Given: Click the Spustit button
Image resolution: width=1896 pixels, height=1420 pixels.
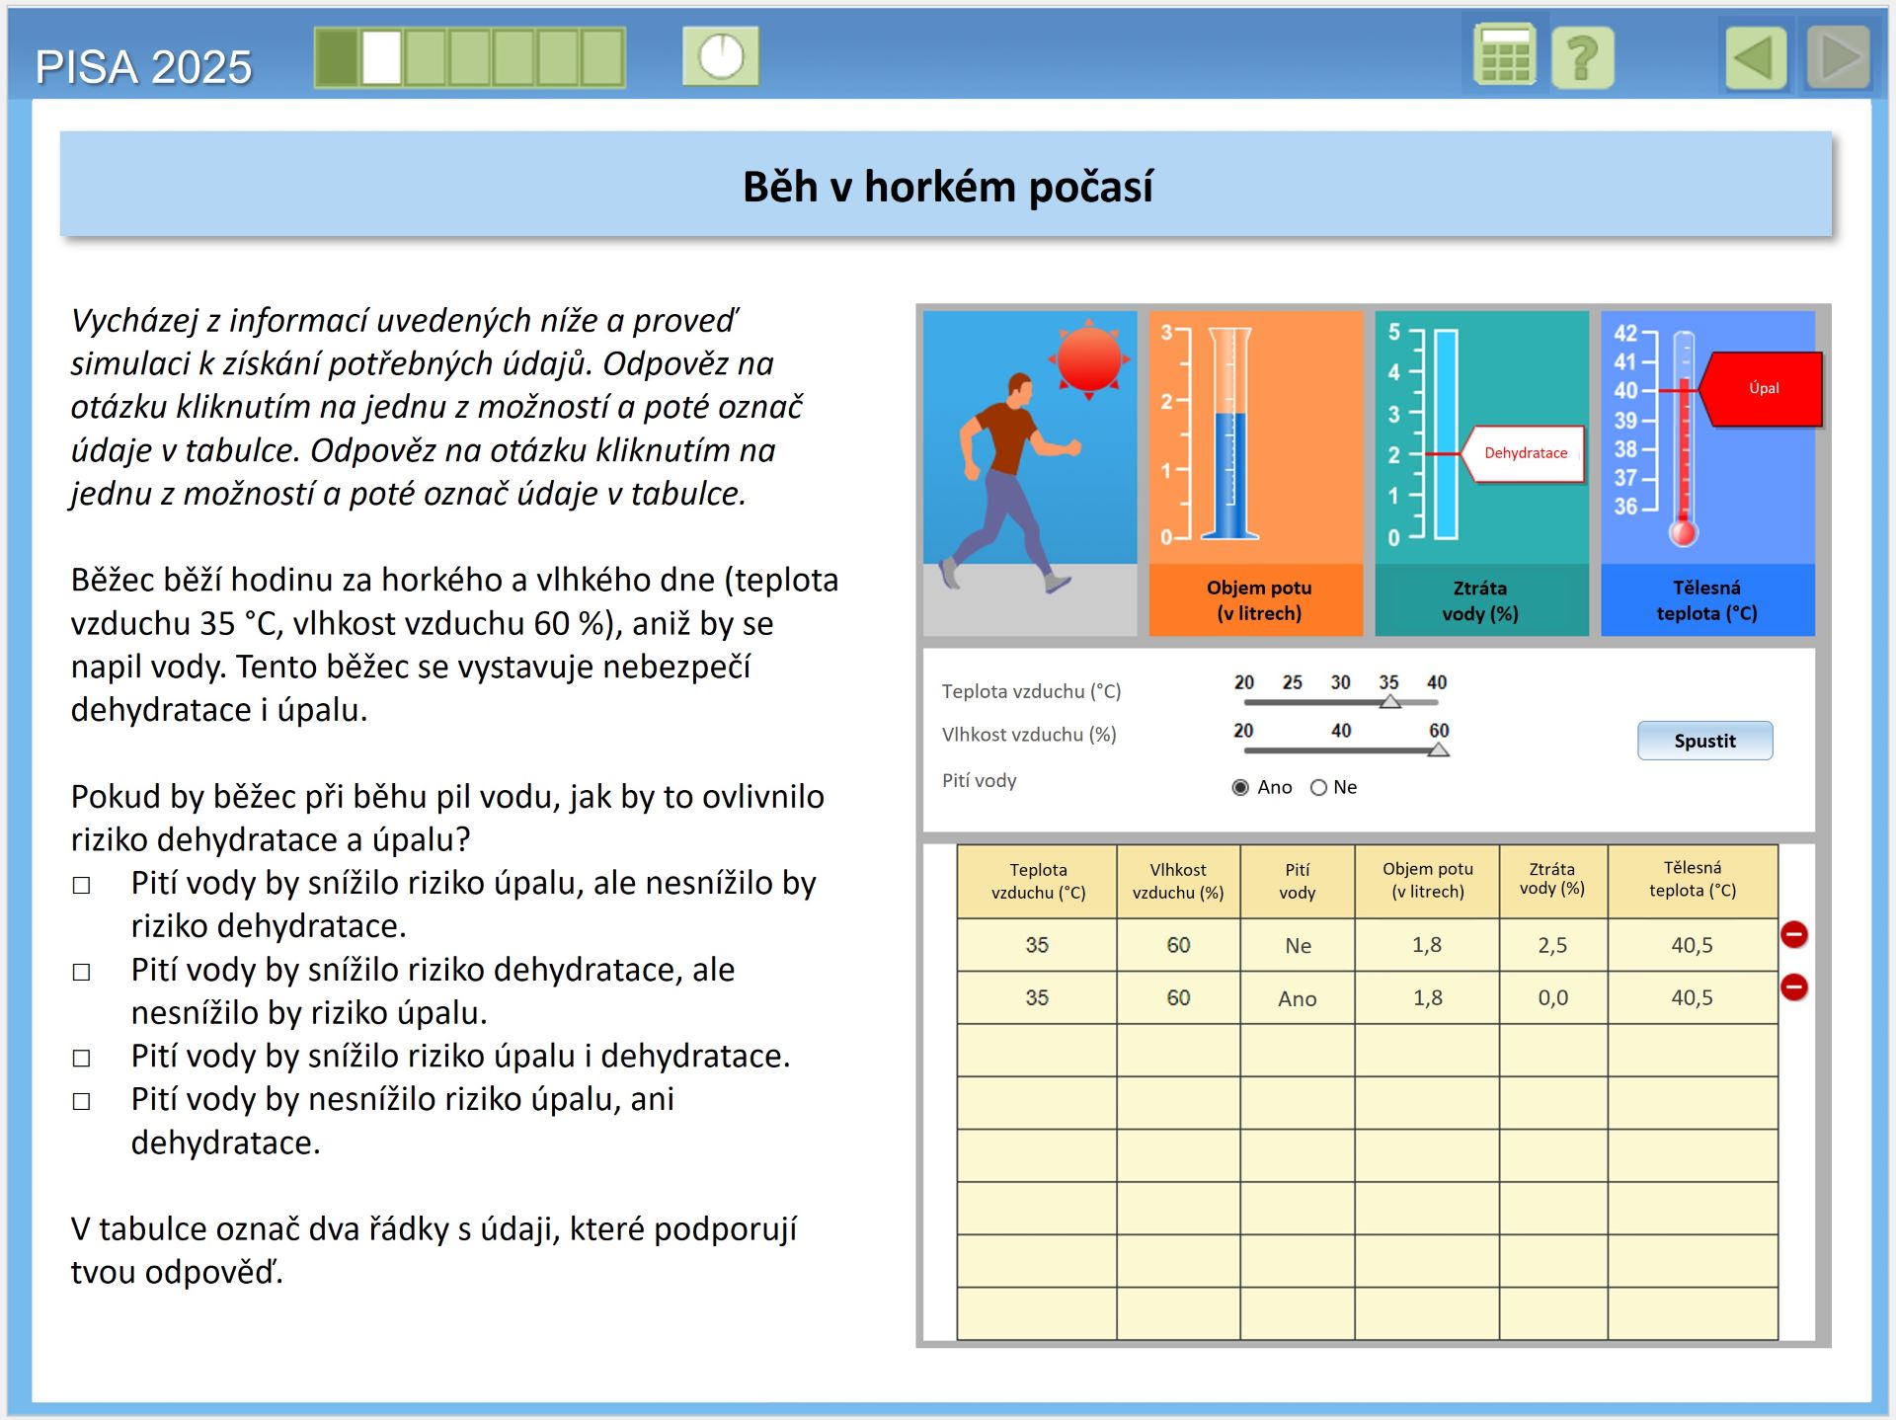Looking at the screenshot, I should [x=1704, y=741].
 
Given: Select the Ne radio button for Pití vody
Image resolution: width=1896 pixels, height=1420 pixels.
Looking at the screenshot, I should [x=1318, y=787].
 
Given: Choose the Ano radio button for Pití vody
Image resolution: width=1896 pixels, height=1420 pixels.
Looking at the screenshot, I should [x=1241, y=787].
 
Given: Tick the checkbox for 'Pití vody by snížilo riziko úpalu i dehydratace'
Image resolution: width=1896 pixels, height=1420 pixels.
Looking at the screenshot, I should [x=82, y=1058].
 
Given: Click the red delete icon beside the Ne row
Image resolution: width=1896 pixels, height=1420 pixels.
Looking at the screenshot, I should [x=1793, y=934].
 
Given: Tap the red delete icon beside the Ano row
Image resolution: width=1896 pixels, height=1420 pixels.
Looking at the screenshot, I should [x=1793, y=986].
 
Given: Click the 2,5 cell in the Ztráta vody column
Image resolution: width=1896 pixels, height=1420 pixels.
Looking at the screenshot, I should [x=1552, y=945].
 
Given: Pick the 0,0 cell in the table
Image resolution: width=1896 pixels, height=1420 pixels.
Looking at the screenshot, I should [x=1552, y=997].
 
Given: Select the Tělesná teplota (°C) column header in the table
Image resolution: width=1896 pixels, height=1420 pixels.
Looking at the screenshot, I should [x=1692, y=879].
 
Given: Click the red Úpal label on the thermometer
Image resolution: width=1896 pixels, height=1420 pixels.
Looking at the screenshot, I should [x=1764, y=389].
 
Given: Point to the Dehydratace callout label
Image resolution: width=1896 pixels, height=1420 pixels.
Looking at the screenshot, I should [x=1525, y=453].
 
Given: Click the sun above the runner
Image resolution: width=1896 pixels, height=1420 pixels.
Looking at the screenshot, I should [x=1088, y=358].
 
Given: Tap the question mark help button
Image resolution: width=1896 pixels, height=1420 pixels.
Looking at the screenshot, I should [x=1582, y=57].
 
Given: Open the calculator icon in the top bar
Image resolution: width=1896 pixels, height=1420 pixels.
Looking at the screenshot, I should [x=1504, y=55].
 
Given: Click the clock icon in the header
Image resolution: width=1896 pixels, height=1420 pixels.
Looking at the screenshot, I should [x=721, y=56].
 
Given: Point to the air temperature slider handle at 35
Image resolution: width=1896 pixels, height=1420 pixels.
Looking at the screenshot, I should [x=1389, y=701].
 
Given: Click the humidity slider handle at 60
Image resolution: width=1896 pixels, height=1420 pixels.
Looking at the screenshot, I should [x=1439, y=750].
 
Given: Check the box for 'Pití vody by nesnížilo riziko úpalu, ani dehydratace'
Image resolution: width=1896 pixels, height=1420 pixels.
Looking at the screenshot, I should [x=82, y=1101].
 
